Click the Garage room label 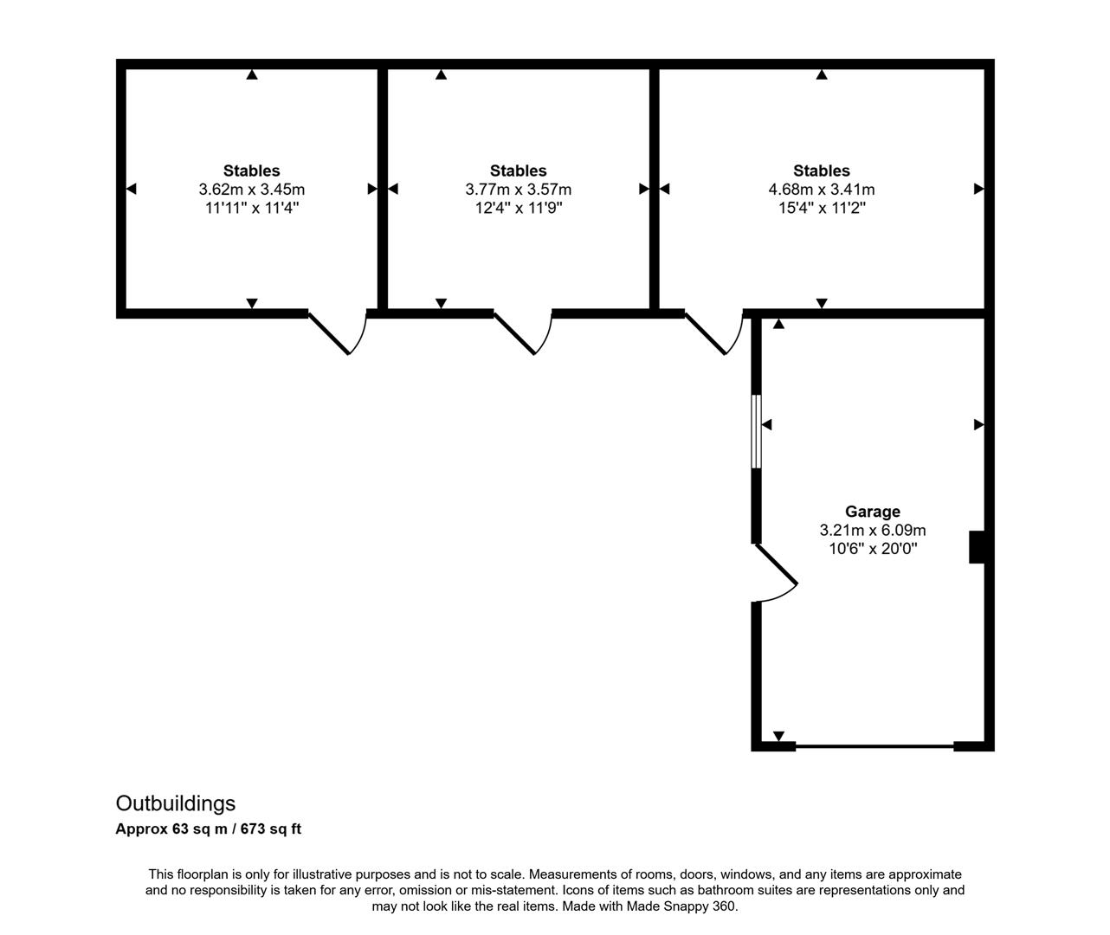click(x=873, y=512)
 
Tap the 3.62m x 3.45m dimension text click(x=252, y=190)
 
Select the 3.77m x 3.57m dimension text click(x=519, y=190)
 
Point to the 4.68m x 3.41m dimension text click(x=822, y=190)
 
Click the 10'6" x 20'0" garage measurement click(x=873, y=548)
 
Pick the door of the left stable click(x=338, y=333)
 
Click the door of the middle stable click(x=523, y=333)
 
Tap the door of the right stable click(x=714, y=333)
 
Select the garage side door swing click(x=776, y=571)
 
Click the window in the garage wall click(x=756, y=431)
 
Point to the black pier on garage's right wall click(x=977, y=547)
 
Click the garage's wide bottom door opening click(x=874, y=745)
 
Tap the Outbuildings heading click(x=176, y=803)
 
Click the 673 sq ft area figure click(x=270, y=829)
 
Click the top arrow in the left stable click(x=252, y=74)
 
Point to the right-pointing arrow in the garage click(x=979, y=424)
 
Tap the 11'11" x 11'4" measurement click(x=252, y=208)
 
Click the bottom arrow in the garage click(x=778, y=736)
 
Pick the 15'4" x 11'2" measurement click(x=822, y=208)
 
